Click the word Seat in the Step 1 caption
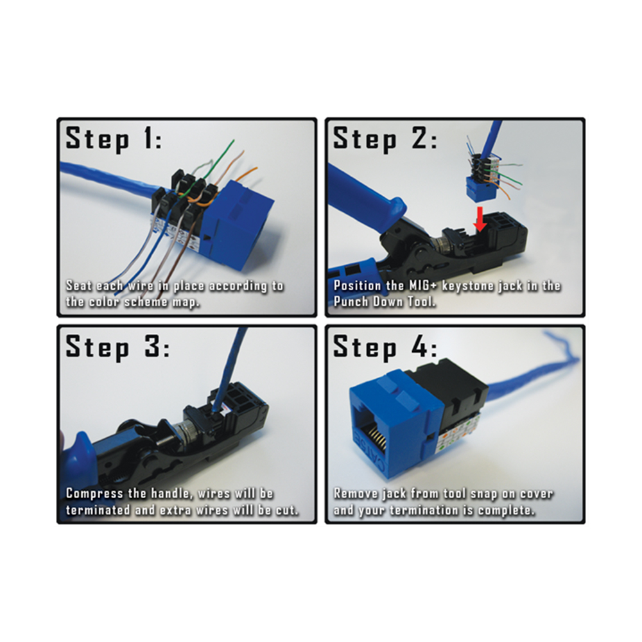80,286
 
